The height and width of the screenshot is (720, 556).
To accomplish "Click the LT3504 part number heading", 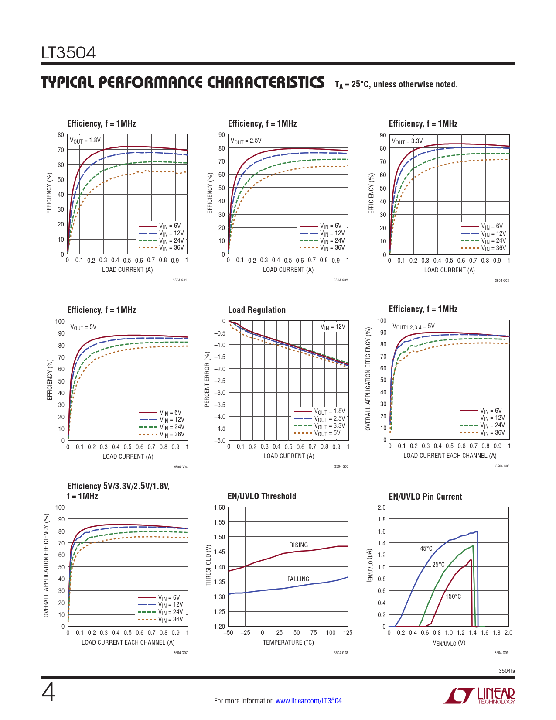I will coord(68,53).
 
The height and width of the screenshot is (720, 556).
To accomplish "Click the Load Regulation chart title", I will coord(256,310).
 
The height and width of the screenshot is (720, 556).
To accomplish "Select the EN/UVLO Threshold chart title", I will coord(262,496).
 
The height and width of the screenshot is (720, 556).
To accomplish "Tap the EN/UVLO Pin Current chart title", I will coord(425,497).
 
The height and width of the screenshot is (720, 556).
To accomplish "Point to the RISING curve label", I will coord(298,545).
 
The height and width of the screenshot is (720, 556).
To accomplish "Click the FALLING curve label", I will coord(298,579).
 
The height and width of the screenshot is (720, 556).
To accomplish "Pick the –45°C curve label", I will coord(424,549).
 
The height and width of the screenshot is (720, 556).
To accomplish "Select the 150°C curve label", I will coord(453,597).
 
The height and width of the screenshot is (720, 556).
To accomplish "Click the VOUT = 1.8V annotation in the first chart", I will coord(85,141).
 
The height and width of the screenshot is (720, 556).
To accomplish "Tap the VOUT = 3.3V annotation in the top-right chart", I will coord(407,141).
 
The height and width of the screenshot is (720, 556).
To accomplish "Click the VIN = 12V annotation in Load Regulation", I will coord(333,326).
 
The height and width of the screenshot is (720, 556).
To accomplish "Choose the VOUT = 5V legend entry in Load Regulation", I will coord(327,433).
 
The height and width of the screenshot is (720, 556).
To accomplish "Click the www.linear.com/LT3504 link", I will coord(308,701).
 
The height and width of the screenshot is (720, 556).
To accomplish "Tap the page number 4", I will coord(48,693).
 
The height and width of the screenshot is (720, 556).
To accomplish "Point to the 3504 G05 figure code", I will coord(341,466).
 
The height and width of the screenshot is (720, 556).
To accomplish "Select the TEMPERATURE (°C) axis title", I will coord(288,642).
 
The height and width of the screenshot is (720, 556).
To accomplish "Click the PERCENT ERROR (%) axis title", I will coord(207,379).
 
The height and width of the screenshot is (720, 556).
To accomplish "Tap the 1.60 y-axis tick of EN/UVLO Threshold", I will coord(219,507).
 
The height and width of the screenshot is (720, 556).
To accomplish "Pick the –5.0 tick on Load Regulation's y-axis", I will coord(219,441).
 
